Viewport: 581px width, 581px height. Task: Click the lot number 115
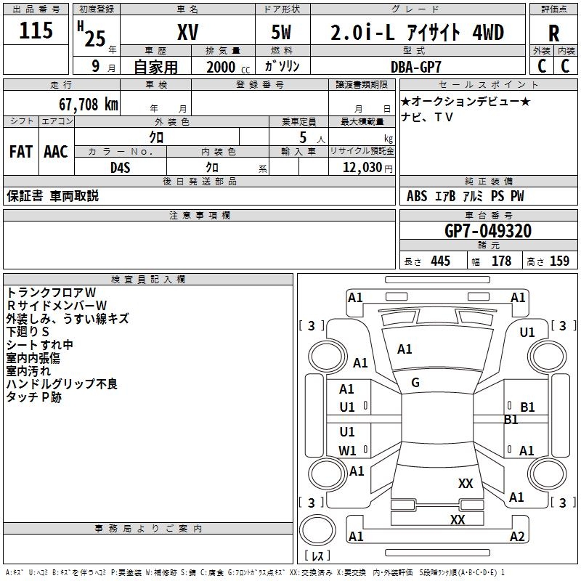tap(36, 31)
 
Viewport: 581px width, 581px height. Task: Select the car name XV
tap(187, 33)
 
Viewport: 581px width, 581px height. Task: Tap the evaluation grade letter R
tap(554, 33)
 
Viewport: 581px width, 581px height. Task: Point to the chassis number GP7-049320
tap(487, 232)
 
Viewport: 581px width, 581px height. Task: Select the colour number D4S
tap(121, 167)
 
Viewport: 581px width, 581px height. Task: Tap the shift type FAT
tap(20, 152)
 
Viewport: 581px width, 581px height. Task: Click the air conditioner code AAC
tap(56, 152)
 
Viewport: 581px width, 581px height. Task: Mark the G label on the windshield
tap(415, 383)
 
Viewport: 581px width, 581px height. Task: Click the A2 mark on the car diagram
tap(517, 537)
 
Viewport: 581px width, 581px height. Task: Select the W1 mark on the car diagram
tap(347, 450)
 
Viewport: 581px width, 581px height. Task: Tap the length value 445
tap(440, 261)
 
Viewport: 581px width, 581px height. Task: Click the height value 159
tap(559, 261)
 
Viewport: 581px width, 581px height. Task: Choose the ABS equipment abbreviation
tap(417, 196)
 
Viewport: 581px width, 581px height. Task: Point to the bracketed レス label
tap(317, 556)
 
